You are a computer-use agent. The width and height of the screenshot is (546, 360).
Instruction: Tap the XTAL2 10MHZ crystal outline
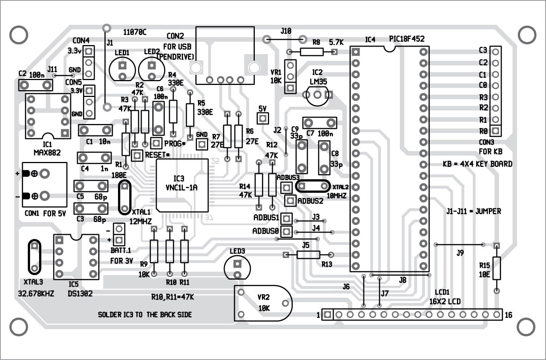(x=313, y=186)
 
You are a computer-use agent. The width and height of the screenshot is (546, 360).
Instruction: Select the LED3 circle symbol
(x=237, y=268)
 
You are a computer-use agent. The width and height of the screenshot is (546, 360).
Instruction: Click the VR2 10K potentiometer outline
(x=263, y=303)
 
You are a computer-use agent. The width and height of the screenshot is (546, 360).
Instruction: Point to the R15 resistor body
(x=496, y=268)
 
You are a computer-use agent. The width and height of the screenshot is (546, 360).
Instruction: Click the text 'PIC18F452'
(x=407, y=39)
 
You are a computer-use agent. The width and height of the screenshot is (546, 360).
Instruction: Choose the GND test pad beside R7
(x=202, y=144)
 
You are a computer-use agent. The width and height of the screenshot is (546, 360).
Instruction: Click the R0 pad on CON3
(x=496, y=131)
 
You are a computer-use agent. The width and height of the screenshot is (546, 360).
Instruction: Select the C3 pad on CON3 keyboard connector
(x=496, y=51)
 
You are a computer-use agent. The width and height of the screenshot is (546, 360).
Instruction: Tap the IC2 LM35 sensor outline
(x=318, y=95)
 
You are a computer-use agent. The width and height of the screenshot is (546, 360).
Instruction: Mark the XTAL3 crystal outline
(x=34, y=257)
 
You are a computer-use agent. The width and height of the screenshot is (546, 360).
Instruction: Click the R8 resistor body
(x=312, y=52)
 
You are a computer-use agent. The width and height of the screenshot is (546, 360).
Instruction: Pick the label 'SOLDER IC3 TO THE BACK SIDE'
(x=145, y=315)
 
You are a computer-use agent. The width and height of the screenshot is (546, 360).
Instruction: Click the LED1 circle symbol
(x=122, y=70)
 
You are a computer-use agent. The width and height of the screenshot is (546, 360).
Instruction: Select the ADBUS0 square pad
(x=286, y=231)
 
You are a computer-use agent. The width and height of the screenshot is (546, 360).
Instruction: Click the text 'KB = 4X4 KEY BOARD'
(x=477, y=164)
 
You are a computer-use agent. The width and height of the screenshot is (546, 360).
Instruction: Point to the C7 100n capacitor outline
(x=320, y=123)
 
